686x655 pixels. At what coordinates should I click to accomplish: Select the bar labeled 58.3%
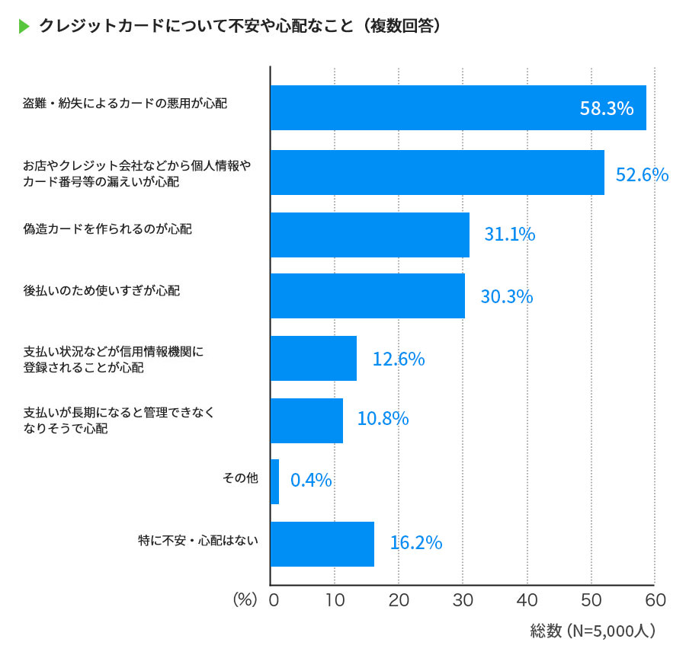pos(457,107)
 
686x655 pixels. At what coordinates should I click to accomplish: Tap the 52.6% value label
pos(642,174)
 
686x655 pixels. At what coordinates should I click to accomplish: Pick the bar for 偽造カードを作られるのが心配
pos(370,235)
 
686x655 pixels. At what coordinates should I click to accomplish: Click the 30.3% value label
pos(506,296)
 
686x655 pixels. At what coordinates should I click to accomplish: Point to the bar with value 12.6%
pos(313,358)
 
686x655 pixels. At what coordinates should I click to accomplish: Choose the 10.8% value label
pos(383,418)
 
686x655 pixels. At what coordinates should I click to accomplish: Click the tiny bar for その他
pos(274,481)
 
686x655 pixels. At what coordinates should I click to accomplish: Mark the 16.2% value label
pos(415,543)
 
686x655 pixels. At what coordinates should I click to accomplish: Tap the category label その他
pos(241,478)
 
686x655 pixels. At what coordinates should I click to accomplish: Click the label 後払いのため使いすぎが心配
pos(101,291)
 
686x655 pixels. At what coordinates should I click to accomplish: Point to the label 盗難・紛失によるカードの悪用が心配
pos(125,104)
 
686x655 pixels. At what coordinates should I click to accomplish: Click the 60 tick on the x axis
pos(655,600)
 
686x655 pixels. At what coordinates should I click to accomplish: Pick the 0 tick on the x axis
pos(272,600)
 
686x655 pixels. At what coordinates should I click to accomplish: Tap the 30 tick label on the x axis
pos(463,600)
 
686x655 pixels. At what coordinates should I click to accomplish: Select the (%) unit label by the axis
pos(245,600)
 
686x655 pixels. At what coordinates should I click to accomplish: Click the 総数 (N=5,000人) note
pos(592,631)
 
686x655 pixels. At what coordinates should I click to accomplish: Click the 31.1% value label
pos(509,235)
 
